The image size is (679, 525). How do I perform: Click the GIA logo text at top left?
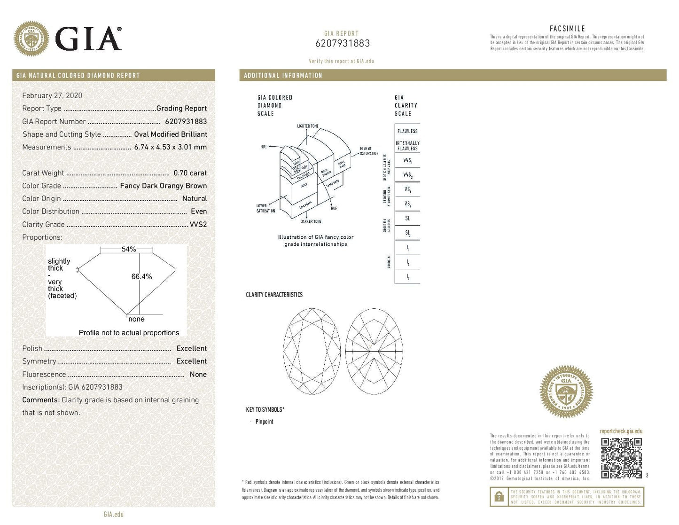(88, 39)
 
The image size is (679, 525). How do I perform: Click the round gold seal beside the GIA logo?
(31, 39)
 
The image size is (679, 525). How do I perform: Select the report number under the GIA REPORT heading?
(342, 43)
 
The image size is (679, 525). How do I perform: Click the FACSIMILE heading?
(567, 29)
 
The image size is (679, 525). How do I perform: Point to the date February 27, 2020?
(52, 95)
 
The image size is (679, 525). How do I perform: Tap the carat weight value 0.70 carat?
(190, 173)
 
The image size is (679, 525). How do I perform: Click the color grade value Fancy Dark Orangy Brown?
(163, 186)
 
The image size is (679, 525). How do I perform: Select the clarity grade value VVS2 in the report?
(198, 225)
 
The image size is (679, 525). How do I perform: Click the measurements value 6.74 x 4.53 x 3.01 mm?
(170, 147)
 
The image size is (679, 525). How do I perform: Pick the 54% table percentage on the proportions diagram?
(128, 249)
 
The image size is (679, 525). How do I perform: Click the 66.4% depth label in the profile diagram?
(141, 276)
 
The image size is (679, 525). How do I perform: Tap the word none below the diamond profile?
(136, 319)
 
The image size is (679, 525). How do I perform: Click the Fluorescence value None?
(198, 375)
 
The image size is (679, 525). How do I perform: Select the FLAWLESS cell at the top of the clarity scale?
(407, 131)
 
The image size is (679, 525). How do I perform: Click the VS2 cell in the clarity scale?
(407, 204)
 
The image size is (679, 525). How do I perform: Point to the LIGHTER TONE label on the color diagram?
(307, 126)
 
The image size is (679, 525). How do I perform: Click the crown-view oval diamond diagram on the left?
(312, 352)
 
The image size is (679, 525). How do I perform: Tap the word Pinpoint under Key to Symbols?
(264, 422)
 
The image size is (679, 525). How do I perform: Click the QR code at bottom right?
(621, 458)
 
